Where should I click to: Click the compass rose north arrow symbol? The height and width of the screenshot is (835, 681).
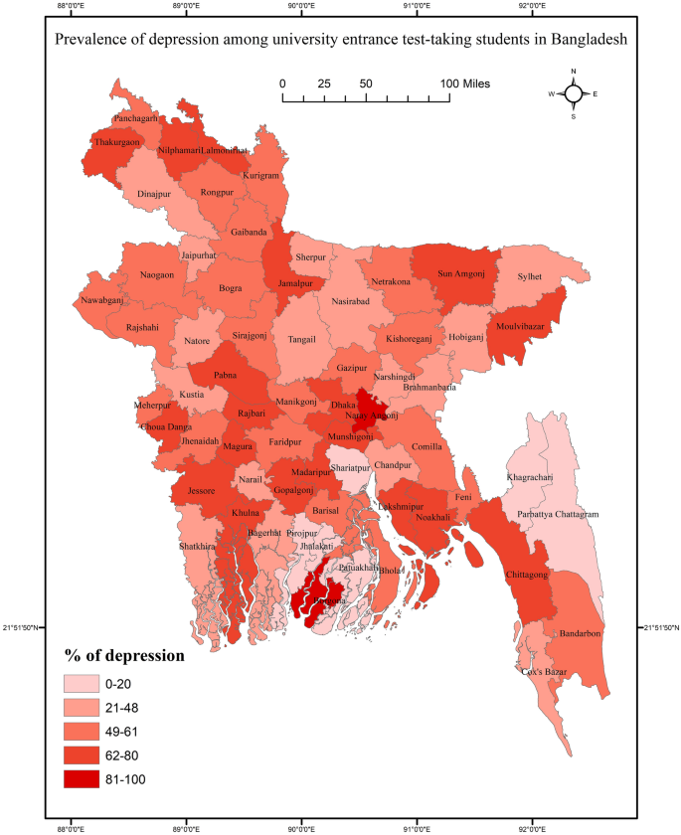click(574, 93)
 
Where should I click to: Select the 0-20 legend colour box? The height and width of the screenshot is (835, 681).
click(84, 684)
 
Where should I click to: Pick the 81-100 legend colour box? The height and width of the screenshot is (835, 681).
click(84, 779)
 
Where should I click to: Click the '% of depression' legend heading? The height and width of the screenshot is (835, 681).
click(124, 656)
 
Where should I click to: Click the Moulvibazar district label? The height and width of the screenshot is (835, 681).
click(521, 326)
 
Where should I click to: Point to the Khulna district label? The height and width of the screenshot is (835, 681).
click(246, 513)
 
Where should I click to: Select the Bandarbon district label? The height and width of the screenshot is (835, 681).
click(580, 633)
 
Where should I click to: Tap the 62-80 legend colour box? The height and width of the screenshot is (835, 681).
click(84, 755)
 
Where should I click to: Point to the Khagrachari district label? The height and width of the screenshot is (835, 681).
click(532, 478)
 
